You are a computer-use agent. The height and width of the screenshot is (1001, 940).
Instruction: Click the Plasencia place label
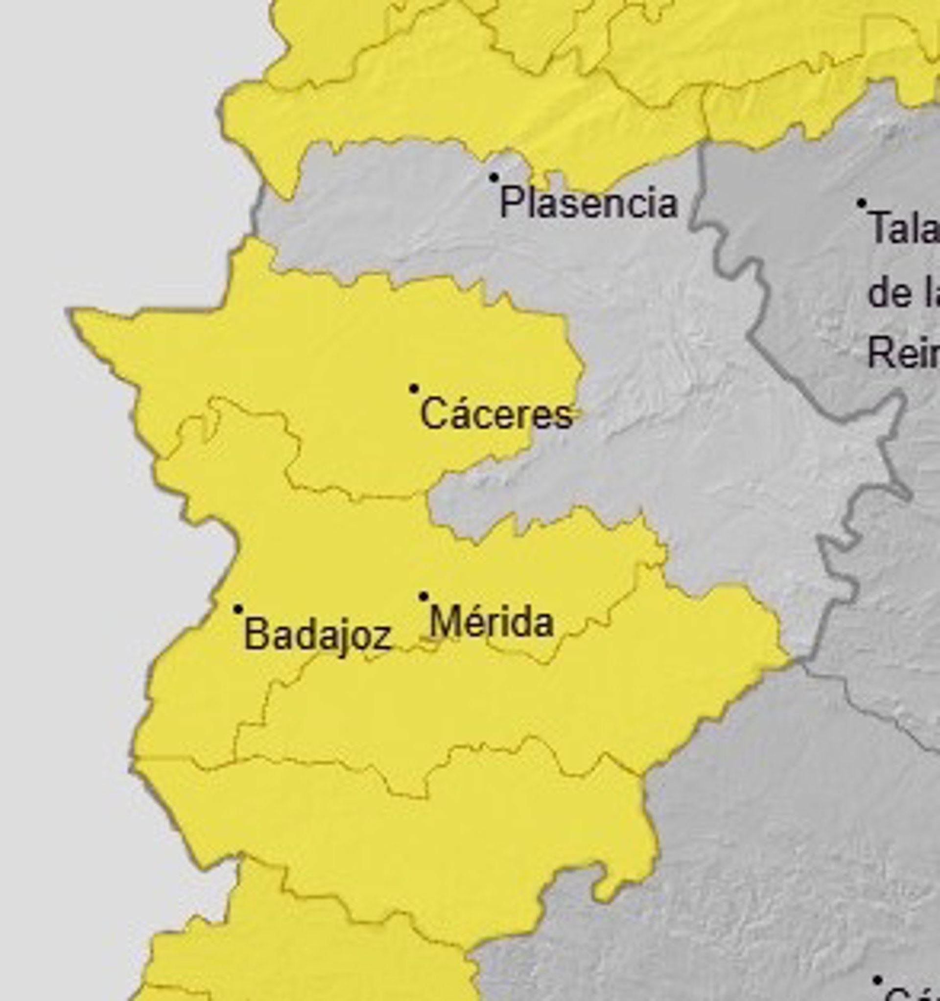click(x=588, y=202)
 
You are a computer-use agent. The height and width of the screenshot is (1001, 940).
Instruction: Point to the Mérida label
click(x=492, y=622)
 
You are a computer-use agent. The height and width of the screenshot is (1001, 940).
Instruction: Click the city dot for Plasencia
click(x=494, y=177)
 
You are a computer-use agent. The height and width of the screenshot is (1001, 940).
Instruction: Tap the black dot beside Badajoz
click(x=238, y=609)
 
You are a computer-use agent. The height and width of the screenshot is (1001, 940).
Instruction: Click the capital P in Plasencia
click(x=510, y=202)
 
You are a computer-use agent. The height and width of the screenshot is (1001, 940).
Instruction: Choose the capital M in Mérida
click(x=444, y=622)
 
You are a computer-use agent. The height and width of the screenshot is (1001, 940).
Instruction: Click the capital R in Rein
click(x=879, y=353)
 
